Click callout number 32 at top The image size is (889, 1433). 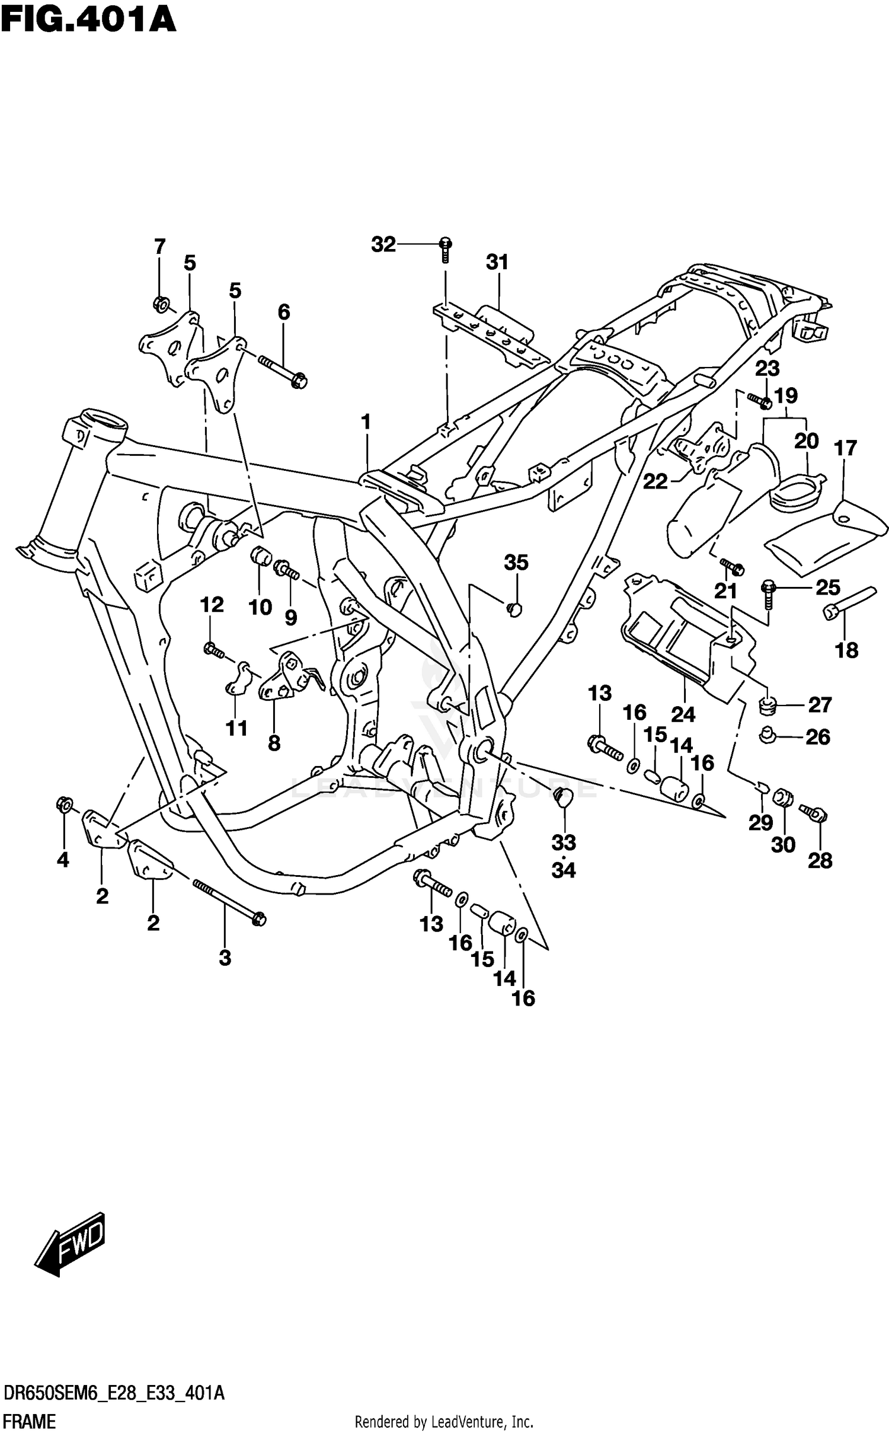[383, 244]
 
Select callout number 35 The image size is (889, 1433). [516, 562]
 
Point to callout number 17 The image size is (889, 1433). [846, 448]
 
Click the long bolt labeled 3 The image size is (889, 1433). [228, 901]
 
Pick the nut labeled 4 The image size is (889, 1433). [64, 805]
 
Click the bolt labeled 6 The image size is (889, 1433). [282, 369]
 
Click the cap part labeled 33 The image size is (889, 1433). [562, 796]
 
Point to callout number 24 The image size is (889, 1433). [683, 714]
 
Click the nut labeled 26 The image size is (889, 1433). [768, 736]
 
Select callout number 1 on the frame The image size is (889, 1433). [366, 422]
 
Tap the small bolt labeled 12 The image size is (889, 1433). [213, 650]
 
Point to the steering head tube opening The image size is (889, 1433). [105, 423]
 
